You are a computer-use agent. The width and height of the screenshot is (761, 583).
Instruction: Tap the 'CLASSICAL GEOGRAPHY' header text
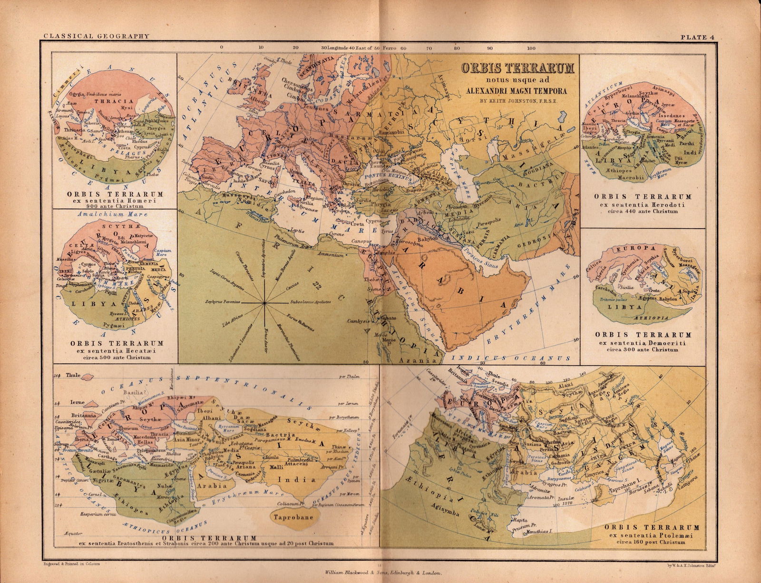point(97,36)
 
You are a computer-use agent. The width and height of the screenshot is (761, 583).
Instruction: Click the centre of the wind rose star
point(263,302)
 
